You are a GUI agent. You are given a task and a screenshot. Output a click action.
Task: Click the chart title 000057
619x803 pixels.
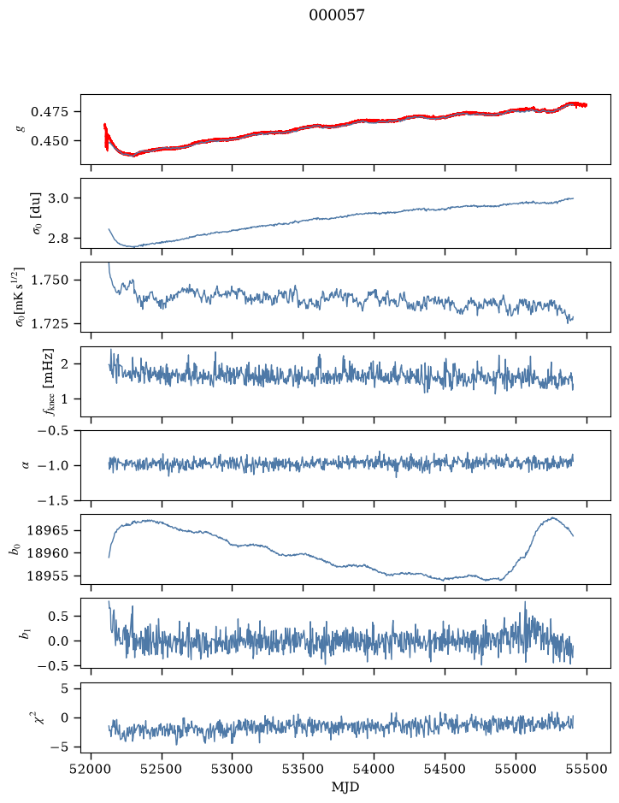pyautogui.click(x=337, y=15)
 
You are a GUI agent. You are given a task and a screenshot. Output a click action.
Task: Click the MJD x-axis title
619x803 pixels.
pyautogui.click(x=345, y=787)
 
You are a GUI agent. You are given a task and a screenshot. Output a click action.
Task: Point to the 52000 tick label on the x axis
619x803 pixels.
pyautogui.click(x=91, y=770)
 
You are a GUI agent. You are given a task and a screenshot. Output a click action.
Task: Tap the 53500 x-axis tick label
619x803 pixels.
pyautogui.click(x=304, y=770)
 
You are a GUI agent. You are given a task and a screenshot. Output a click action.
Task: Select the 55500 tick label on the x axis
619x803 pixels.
pyautogui.click(x=587, y=770)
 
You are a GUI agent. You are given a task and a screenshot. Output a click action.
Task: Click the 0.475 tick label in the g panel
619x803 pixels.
pyautogui.click(x=50, y=112)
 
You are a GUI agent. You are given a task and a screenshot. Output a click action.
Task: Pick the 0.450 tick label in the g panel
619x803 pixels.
pyautogui.click(x=50, y=141)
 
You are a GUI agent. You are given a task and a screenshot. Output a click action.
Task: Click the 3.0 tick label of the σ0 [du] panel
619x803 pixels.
pyautogui.click(x=58, y=198)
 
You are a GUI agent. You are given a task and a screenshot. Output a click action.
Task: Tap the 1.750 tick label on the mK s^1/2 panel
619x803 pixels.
pyautogui.click(x=50, y=280)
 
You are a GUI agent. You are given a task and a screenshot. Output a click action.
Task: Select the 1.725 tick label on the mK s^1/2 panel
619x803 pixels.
pyautogui.click(x=50, y=323)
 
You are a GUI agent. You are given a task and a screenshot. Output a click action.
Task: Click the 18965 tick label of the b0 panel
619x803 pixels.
pyautogui.click(x=48, y=530)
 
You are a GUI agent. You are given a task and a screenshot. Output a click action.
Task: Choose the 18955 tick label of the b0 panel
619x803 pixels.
pyautogui.click(x=48, y=576)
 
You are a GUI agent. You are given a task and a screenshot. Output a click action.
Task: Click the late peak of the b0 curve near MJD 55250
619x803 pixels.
pyautogui.click(x=552, y=517)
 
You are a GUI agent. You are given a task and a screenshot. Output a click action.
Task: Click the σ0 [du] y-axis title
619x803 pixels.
pyautogui.click(x=37, y=214)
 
